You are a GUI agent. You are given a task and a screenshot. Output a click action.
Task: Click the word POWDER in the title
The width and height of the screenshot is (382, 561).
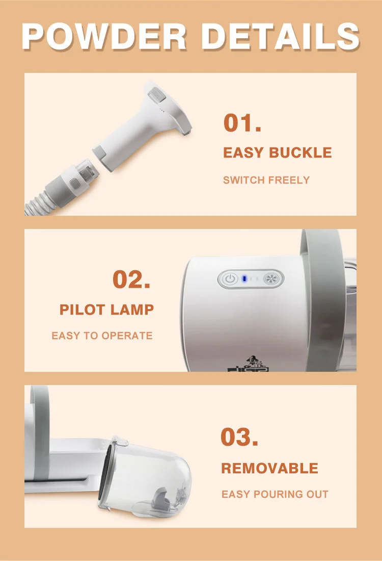pos(104,36)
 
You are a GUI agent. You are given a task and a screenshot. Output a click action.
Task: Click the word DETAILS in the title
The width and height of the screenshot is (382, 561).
pos(280,36)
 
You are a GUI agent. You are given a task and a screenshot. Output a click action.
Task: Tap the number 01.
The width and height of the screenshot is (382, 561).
pos(242,123)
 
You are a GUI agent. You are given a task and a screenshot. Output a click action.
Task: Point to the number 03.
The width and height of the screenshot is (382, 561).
pos(239,437)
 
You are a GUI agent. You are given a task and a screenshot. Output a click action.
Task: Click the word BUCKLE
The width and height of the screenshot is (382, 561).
pos(300,152)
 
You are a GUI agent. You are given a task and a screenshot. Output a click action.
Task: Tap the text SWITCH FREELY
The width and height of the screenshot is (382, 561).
pos(266,180)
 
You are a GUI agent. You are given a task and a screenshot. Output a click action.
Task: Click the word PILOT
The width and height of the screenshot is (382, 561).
pos(82,310)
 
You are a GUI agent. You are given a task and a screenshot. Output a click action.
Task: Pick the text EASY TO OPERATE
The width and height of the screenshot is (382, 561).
pos(102,336)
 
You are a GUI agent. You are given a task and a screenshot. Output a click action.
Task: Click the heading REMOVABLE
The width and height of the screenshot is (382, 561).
pos(269,468)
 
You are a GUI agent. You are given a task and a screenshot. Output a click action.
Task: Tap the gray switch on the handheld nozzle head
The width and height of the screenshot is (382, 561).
pos(156,95)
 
